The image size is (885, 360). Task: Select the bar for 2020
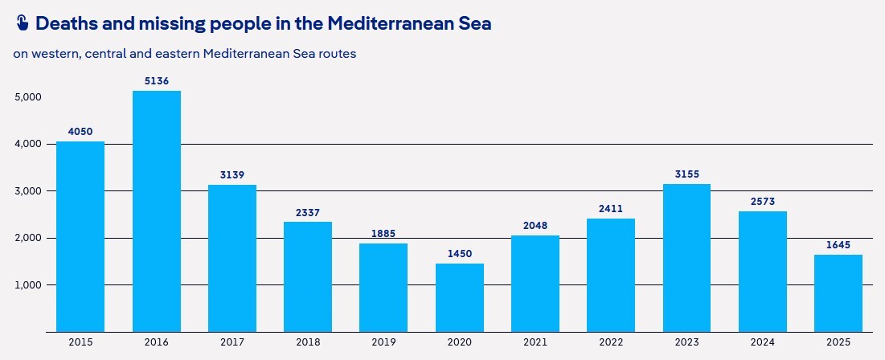pos(460,297)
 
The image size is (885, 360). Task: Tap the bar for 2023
pos(686,258)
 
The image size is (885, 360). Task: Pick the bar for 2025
pos(838,293)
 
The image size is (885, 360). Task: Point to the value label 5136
pos(156,81)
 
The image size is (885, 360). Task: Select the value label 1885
pos(383,234)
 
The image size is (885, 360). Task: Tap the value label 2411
pos(611,209)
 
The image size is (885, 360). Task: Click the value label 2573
pos(762,202)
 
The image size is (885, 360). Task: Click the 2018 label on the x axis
pos(308,343)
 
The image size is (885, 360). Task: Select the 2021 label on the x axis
pos(535,343)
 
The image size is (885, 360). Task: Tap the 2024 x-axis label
pos(762,343)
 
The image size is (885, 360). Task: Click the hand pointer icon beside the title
pos(22,23)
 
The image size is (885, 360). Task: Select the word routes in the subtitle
pos(337,55)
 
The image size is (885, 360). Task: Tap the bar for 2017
pos(231,258)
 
